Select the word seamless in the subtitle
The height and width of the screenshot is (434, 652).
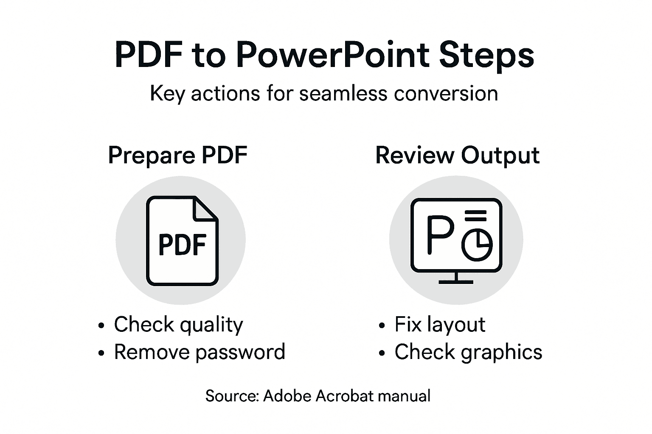tap(343, 93)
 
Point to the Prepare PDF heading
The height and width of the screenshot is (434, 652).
tap(178, 156)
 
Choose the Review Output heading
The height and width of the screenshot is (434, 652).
tap(457, 156)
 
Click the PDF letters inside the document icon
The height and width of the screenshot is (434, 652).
tap(182, 245)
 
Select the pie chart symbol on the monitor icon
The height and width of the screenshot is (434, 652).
tap(477, 245)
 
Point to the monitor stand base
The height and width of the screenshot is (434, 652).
tap(456, 281)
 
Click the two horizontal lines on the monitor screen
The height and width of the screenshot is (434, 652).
tap(476, 215)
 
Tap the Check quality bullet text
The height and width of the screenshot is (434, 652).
tap(178, 325)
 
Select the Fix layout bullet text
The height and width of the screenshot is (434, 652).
tap(440, 325)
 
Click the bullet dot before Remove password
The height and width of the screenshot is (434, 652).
tap(101, 353)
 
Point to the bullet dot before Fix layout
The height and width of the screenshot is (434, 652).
tap(382, 326)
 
